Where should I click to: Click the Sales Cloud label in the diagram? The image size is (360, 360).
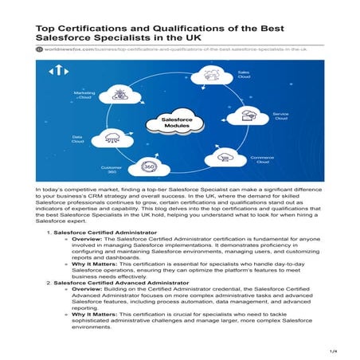point(244,76)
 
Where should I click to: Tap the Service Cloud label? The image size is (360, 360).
point(281,115)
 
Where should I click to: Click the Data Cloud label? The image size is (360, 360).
point(78,138)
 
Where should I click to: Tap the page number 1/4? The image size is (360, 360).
point(334,350)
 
